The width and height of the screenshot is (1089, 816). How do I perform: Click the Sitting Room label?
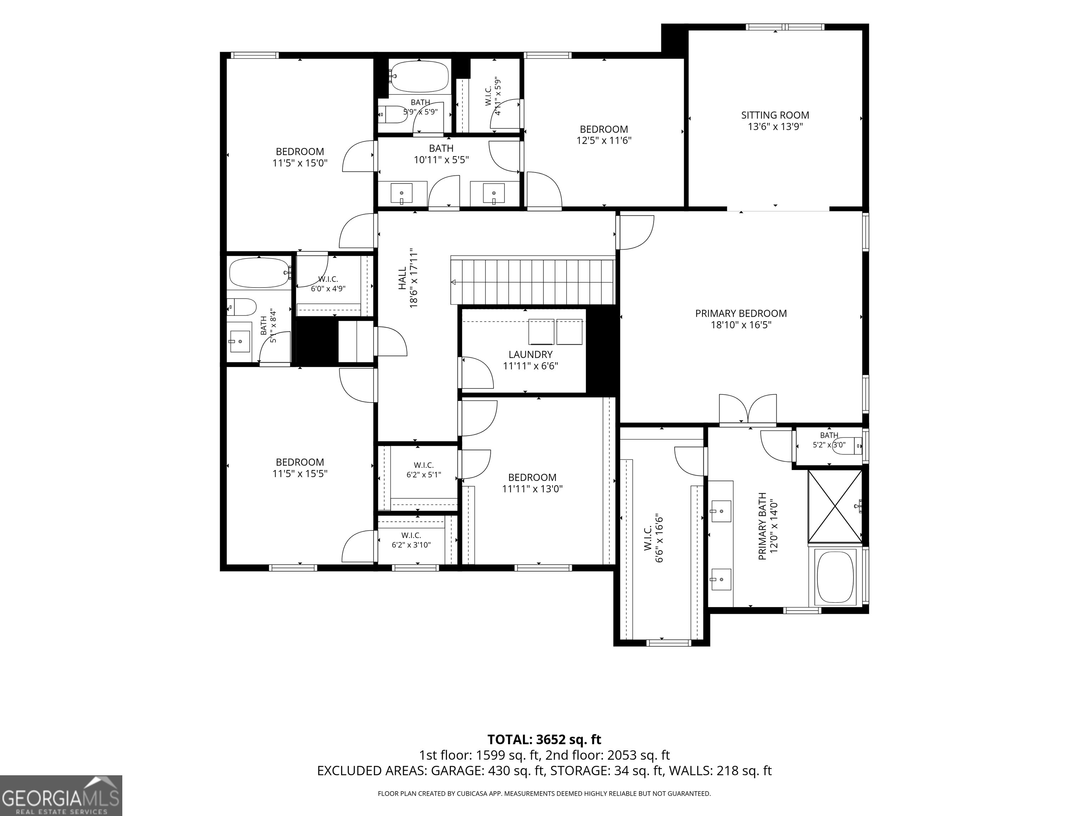(775, 115)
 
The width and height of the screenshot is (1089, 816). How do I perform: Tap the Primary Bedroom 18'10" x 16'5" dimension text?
(741, 325)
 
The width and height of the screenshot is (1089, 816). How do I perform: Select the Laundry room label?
(530, 354)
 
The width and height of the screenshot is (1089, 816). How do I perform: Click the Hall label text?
(402, 278)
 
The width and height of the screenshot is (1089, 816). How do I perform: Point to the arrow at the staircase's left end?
(453, 282)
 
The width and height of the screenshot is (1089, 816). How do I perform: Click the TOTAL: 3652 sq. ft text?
(544, 753)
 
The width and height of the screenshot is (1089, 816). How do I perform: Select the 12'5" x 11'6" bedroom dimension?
(604, 141)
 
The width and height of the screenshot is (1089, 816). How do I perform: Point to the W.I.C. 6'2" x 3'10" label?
(411, 540)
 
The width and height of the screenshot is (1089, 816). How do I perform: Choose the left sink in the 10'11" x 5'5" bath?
(402, 193)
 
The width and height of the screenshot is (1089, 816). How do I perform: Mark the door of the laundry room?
(476, 373)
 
